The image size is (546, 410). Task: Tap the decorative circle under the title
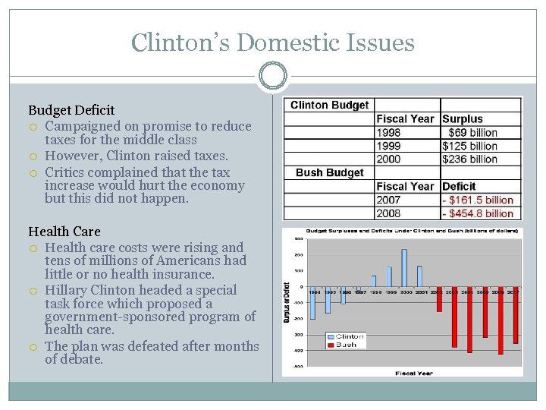click(x=272, y=76)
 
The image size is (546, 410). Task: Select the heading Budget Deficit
click(x=71, y=110)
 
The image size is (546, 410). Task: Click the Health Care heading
click(x=64, y=232)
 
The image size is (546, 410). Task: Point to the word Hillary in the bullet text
click(x=67, y=290)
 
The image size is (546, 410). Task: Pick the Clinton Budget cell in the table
click(x=329, y=106)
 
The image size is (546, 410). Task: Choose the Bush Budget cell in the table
click(x=329, y=173)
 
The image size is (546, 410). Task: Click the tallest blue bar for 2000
click(x=404, y=268)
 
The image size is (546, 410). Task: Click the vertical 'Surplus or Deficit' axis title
click(x=287, y=302)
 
